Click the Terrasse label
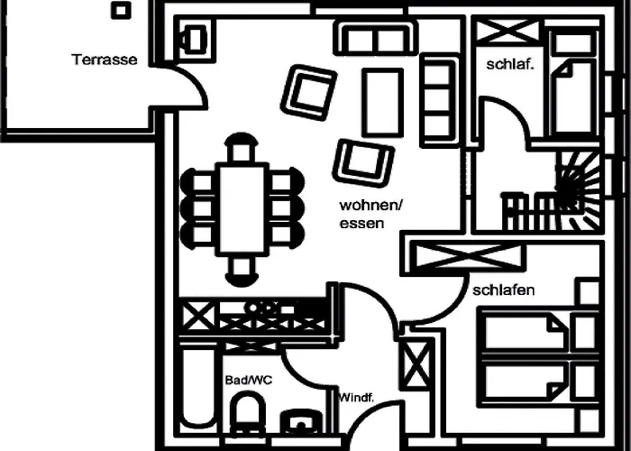[105, 60]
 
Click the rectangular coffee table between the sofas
[381, 101]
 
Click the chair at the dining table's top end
[240, 147]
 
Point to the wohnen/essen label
[370, 215]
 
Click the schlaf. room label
[510, 64]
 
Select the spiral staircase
[571, 185]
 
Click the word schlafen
[504, 290]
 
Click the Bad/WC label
[248, 381]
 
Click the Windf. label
[356, 397]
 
